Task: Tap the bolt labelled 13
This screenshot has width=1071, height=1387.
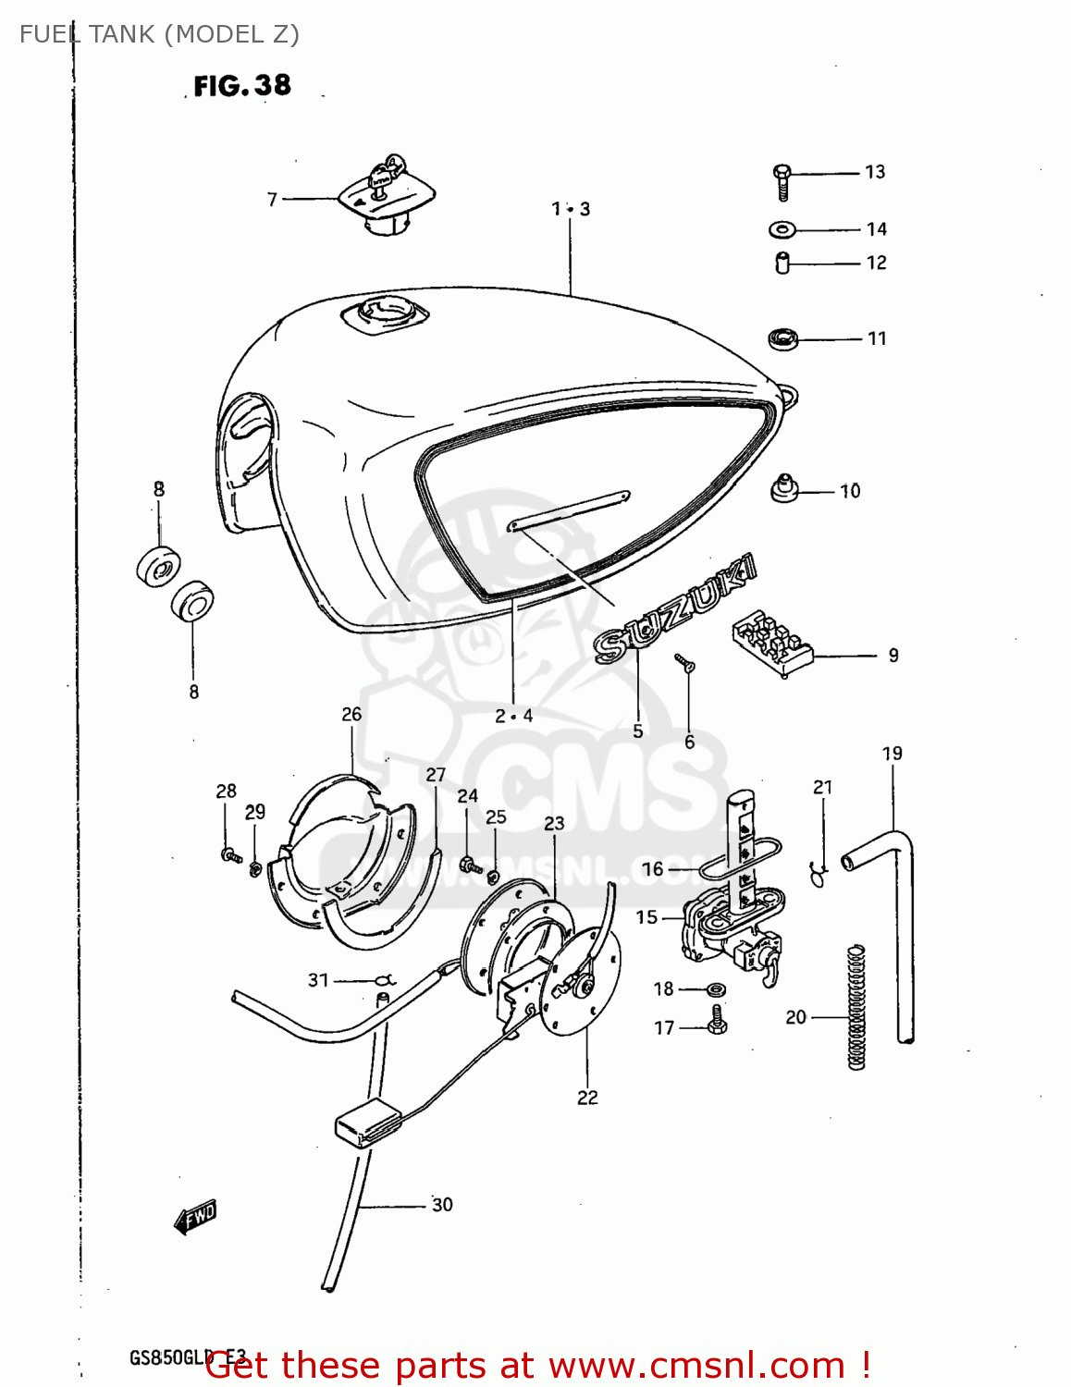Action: [782, 180]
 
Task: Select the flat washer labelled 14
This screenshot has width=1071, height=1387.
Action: [782, 229]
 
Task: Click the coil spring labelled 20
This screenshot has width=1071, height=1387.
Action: [856, 1008]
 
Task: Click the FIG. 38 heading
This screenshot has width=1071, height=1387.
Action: [242, 86]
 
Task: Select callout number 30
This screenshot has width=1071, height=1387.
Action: [442, 1204]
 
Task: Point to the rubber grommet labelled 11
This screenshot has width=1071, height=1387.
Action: [783, 338]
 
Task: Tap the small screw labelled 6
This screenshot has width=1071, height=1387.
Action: [685, 663]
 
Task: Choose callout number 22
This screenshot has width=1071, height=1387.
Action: [587, 1098]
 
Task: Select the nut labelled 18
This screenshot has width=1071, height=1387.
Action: [716, 989]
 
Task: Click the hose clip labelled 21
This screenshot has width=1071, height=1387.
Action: [819, 872]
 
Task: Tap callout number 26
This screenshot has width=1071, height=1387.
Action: [351, 714]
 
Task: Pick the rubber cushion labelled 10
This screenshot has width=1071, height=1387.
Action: [784, 487]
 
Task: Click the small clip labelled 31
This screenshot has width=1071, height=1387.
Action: [386, 979]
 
